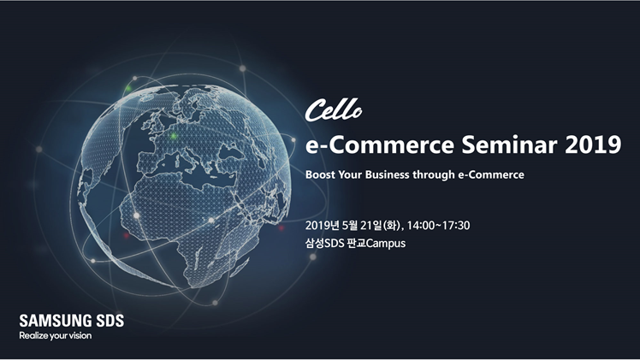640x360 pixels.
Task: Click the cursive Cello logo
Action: [x=333, y=110]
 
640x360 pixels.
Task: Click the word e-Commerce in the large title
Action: [x=380, y=145]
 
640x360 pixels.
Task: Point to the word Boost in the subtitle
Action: [x=320, y=174]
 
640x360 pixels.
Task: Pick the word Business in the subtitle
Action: [x=387, y=174]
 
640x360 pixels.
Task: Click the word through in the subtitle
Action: [x=434, y=175]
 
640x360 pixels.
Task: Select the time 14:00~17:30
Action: [x=438, y=226]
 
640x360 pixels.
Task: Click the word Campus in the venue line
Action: [x=386, y=244]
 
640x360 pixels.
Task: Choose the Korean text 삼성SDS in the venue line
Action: [x=324, y=244]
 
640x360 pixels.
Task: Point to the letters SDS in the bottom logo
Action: [x=110, y=321]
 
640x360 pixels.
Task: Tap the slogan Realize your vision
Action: [x=56, y=336]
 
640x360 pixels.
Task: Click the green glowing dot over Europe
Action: [x=174, y=136]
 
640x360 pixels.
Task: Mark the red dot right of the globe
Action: [x=281, y=228]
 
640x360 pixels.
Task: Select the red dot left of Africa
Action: [x=126, y=235]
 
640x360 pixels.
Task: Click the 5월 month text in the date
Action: [x=350, y=226]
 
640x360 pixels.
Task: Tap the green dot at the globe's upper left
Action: [x=128, y=88]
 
